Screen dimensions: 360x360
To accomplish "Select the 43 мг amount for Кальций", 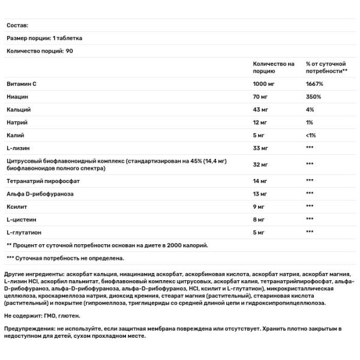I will [261, 110].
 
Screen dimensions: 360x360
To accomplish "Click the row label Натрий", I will [17, 123].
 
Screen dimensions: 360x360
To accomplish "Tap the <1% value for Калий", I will [311, 136].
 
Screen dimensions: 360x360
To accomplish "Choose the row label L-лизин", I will [18, 148].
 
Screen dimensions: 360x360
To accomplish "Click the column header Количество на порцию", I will [273, 67].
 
